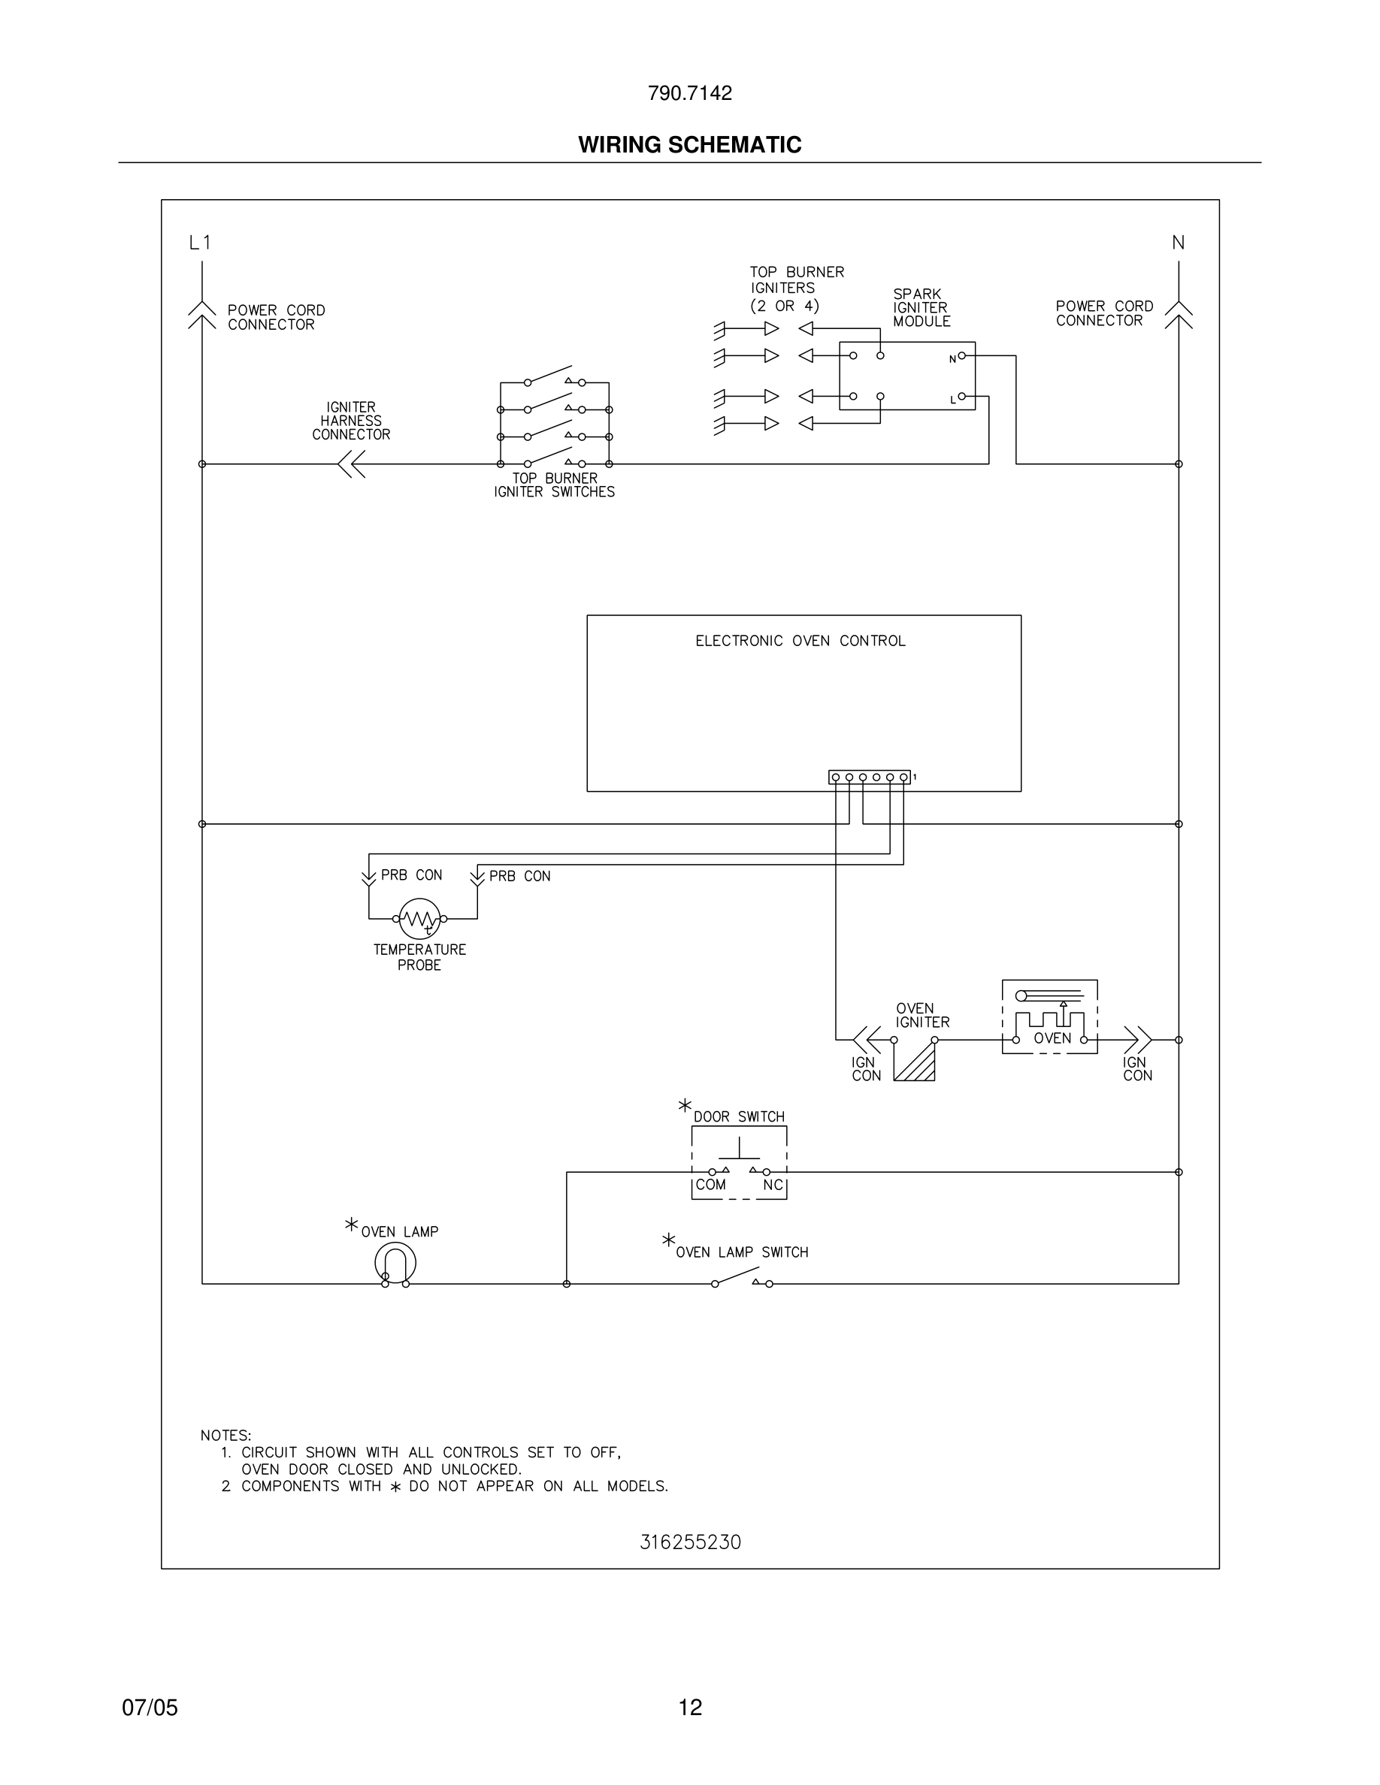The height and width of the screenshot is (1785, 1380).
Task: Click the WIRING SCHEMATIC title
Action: coord(689,145)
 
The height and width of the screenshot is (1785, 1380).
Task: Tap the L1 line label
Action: coord(200,243)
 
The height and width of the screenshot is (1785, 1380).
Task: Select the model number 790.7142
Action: coord(689,93)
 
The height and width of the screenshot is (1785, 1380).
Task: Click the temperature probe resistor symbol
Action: coord(419,919)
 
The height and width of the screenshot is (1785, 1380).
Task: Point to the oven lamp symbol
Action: coord(395,1263)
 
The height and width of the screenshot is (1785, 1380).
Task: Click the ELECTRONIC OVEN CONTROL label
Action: coord(800,641)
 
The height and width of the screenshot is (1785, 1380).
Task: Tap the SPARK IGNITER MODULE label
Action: coord(922,307)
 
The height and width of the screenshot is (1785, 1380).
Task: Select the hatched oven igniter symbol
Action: coord(915,1061)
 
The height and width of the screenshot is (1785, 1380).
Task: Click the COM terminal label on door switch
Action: coord(710,1185)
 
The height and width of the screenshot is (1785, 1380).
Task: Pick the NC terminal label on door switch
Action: coord(773,1185)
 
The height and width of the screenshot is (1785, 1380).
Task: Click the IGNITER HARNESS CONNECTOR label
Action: coord(351,421)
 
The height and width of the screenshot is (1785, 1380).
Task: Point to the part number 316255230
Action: coord(690,1542)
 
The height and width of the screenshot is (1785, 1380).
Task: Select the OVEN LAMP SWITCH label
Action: coord(742,1252)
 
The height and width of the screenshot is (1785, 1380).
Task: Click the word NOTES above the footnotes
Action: coord(225,1435)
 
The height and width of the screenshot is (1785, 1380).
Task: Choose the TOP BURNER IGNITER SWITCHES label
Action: coord(554,485)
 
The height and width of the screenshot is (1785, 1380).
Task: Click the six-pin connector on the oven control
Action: coord(869,778)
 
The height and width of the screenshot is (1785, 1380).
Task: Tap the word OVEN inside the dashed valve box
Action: coord(1052,1039)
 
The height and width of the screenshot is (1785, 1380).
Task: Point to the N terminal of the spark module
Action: coord(961,355)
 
